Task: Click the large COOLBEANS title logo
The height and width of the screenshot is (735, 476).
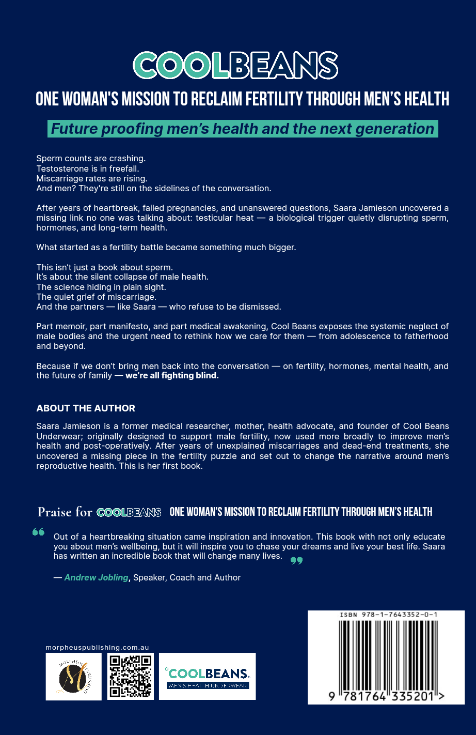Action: tap(235, 66)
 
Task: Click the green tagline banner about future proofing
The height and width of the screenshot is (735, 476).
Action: tap(243, 129)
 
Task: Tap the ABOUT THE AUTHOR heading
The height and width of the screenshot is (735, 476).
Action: tap(86, 408)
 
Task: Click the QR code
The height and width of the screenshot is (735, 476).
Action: tap(131, 676)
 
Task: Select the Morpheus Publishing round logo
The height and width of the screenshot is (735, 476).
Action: tap(73, 677)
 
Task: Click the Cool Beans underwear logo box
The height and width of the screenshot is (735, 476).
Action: tap(207, 676)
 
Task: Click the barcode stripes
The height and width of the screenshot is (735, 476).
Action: tap(388, 654)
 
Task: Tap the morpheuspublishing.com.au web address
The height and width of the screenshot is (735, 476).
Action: tap(97, 647)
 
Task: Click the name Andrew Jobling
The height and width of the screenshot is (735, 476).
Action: tap(96, 577)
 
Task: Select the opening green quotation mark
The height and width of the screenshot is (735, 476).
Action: tap(38, 532)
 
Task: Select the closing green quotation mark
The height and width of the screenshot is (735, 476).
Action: tap(296, 560)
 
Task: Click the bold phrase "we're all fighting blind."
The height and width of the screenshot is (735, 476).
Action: tap(172, 376)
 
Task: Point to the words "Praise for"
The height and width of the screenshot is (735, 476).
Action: tap(65, 512)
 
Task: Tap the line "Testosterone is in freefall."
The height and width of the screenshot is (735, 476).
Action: tap(88, 169)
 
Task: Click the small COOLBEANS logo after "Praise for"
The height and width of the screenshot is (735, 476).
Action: tap(129, 512)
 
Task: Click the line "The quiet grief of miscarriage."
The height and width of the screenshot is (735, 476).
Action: tap(96, 297)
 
